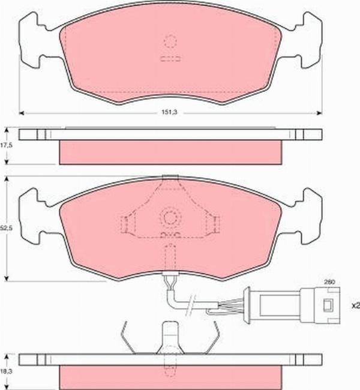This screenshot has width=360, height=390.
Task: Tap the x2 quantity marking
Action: pyautogui.click(x=355, y=305)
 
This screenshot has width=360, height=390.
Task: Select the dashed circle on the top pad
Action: pyautogui.click(x=170, y=41)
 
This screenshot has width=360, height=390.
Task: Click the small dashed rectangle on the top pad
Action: pyautogui.click(x=170, y=59)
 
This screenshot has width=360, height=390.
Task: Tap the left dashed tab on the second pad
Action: pyautogui.click(x=126, y=224)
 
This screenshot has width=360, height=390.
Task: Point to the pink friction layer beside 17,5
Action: pyautogui.click(x=170, y=151)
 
